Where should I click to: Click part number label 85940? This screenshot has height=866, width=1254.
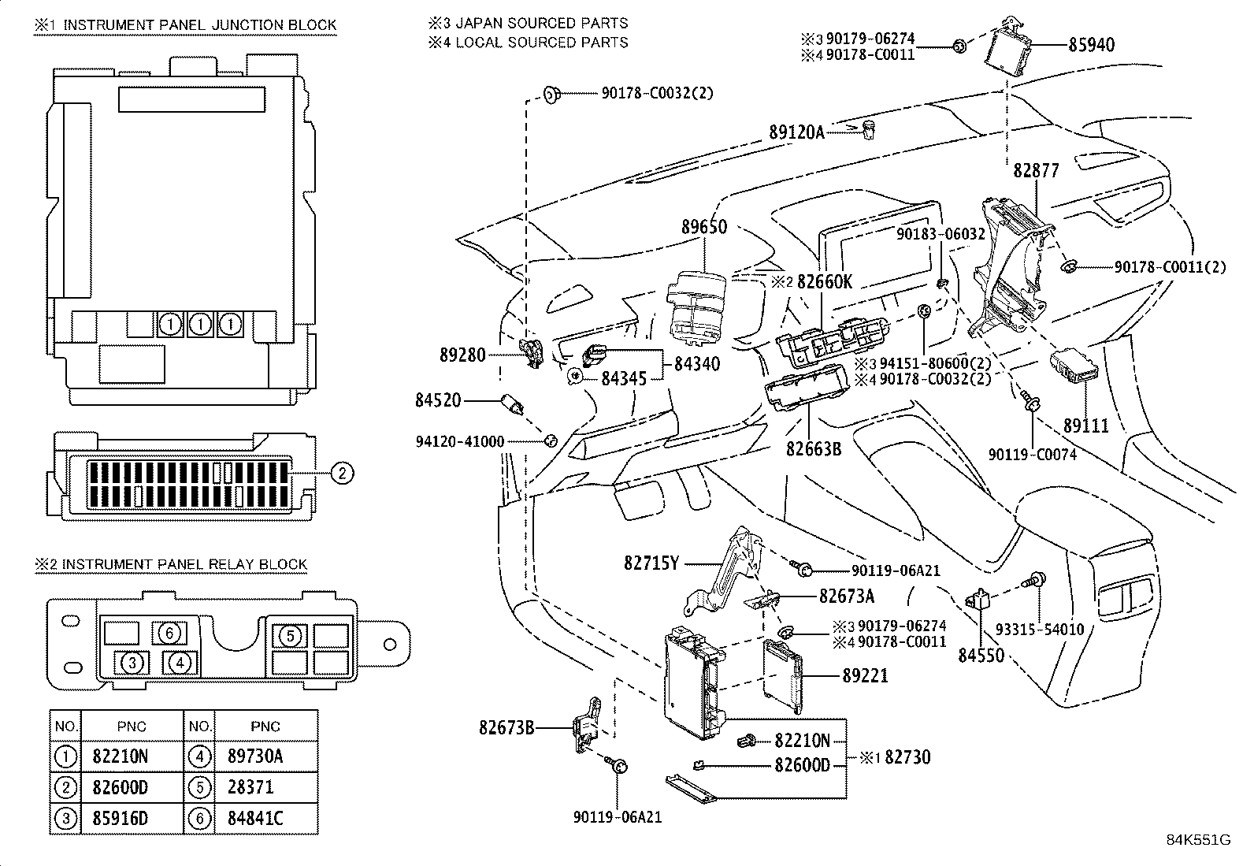coord(1091,45)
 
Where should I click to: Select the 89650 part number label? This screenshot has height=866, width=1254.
coord(704,227)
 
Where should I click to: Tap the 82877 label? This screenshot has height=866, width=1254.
coord(1036,170)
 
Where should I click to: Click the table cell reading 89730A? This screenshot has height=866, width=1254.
coord(255,756)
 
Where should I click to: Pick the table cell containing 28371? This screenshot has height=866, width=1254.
coord(250,787)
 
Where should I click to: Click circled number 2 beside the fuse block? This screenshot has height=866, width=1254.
coord(341,473)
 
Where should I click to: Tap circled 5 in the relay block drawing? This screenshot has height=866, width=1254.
coord(290,635)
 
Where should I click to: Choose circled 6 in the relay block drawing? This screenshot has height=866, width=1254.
coord(169,632)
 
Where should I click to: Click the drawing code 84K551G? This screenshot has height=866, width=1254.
coord(1197,839)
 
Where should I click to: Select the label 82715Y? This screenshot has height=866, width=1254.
coord(651,563)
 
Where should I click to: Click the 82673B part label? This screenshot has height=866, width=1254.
coord(506,727)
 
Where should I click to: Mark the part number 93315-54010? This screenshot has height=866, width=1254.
coord(1040,629)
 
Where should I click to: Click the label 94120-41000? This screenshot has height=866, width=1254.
coord(459,441)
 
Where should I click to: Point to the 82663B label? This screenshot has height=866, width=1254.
coord(814,449)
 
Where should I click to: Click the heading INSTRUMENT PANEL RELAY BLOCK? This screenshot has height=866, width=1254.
coord(184,564)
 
